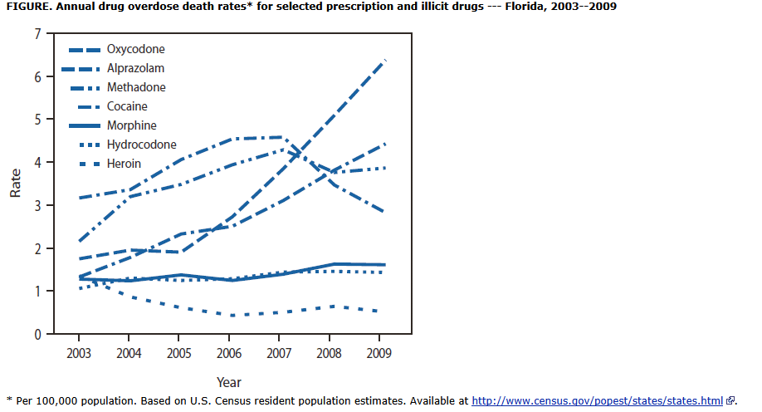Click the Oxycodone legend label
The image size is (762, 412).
[136, 50]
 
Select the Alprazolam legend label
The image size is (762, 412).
[136, 69]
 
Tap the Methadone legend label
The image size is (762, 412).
[136, 87]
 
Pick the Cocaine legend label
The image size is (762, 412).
[128, 106]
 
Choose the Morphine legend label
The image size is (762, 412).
[133, 125]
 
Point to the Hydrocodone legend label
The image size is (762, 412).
[142, 145]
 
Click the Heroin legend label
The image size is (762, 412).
[125, 164]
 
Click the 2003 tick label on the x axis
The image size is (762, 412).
[79, 353]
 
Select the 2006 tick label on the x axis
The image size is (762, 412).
[229, 353]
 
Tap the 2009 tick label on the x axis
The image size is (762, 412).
[379, 353]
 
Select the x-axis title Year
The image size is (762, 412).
[229, 382]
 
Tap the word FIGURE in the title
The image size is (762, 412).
[28, 6]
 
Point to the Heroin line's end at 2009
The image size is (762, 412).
[380, 311]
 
